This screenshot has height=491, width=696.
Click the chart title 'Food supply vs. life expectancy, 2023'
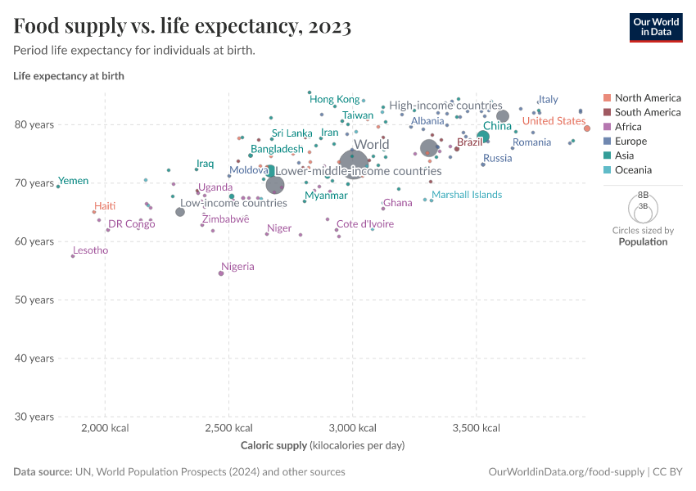[x=183, y=27]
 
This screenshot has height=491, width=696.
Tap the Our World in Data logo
[x=656, y=27]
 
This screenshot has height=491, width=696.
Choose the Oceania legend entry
[x=633, y=170]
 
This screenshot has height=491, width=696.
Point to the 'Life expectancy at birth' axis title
[x=68, y=76]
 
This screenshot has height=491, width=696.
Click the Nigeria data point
[x=221, y=273]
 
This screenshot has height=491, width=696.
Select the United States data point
[x=587, y=128]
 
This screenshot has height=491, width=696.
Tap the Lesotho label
[x=90, y=250]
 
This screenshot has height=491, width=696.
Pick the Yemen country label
[x=74, y=181]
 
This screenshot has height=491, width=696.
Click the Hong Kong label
[x=334, y=99]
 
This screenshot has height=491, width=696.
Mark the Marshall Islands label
[x=467, y=195]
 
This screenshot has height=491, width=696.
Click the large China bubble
[x=483, y=137]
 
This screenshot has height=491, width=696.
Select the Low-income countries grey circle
[x=180, y=212]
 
